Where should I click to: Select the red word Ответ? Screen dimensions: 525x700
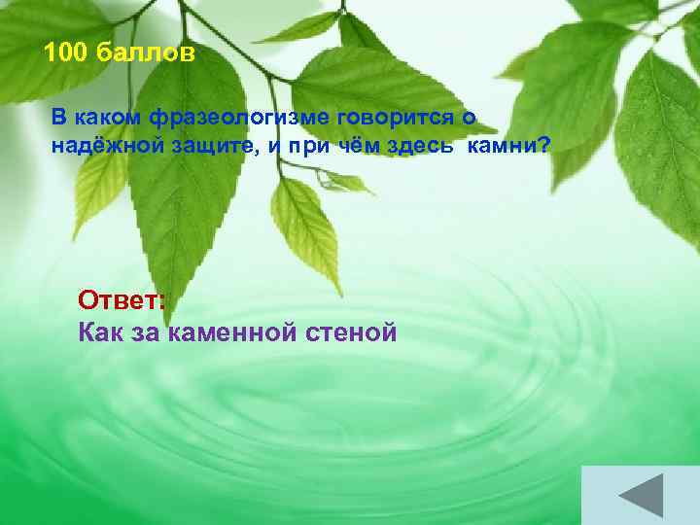pos(122,297)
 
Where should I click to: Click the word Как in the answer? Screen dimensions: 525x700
pos(99,332)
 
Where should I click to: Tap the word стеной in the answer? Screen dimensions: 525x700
pos(351,332)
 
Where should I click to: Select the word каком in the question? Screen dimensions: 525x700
pos(107,118)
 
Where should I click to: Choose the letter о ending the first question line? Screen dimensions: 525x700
pos(468,118)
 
